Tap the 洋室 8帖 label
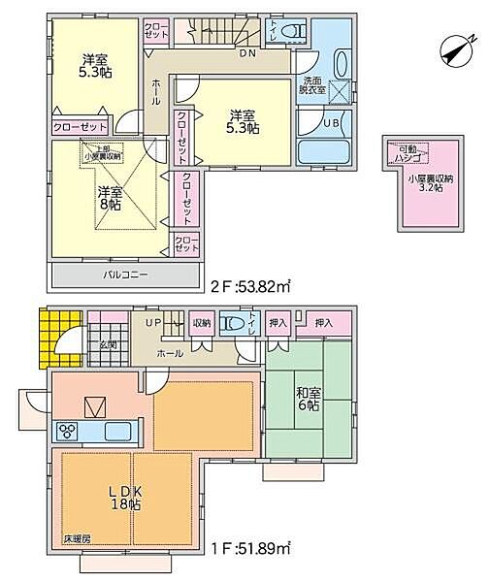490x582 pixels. (109, 199)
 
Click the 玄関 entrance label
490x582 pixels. (108, 344)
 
